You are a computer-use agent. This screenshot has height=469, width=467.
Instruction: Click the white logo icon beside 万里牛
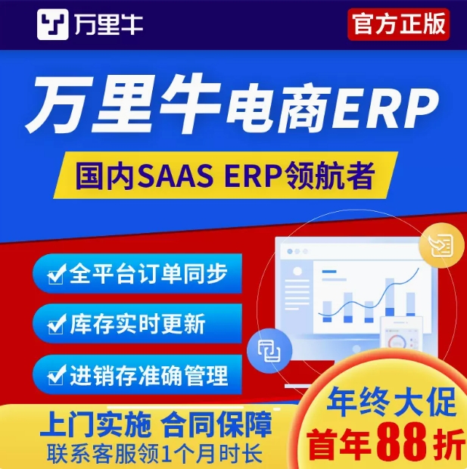click(53, 24)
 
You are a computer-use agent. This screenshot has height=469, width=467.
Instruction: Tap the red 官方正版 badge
click(398, 24)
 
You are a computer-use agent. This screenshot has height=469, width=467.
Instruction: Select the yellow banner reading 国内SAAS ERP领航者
click(226, 175)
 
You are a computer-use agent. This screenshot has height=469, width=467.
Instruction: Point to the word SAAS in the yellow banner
click(176, 175)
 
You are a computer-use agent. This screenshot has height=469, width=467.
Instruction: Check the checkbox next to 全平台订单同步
click(56, 274)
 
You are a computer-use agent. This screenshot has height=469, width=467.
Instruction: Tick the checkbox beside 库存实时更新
click(56, 325)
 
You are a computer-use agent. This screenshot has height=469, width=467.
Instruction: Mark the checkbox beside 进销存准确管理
click(56, 375)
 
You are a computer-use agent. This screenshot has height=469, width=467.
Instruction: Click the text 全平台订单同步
click(148, 273)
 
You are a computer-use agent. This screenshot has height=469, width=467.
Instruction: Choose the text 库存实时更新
click(138, 324)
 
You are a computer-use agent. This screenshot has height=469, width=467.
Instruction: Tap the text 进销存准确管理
click(149, 375)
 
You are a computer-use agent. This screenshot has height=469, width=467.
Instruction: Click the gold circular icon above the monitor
click(441, 246)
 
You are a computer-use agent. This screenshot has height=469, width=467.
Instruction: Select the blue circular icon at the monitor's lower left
click(269, 350)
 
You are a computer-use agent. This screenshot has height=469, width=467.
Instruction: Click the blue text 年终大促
click(391, 402)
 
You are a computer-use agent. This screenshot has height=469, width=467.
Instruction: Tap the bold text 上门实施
click(95, 424)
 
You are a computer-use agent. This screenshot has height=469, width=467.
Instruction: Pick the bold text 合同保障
click(216, 424)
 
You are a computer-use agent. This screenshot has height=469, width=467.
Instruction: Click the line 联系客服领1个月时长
click(154, 454)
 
